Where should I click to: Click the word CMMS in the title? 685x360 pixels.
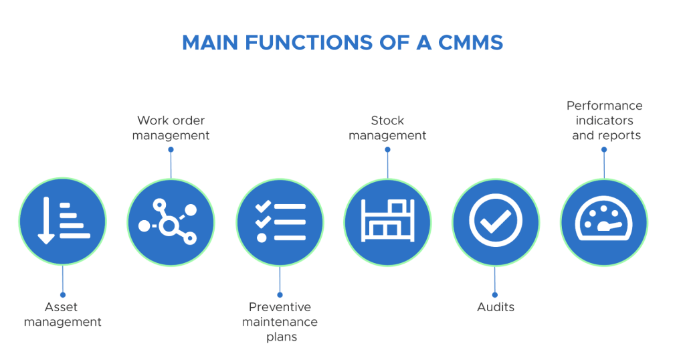coord(470,43)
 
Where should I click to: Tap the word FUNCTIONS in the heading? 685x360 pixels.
coord(308,43)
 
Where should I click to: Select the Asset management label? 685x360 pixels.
coord(62,314)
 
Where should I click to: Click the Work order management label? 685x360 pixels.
coord(171,128)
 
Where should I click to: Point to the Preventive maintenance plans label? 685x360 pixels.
coord(280,322)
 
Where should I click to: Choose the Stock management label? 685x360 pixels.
coord(387,128)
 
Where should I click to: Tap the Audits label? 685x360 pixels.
coord(496,307)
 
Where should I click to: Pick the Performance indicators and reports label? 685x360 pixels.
coord(605,120)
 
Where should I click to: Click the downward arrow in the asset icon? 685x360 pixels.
coord(46,221)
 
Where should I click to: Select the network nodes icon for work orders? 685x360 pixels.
coord(168,221)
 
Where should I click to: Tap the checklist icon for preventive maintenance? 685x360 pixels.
coord(280,221)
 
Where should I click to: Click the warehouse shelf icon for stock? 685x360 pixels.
coord(387,220)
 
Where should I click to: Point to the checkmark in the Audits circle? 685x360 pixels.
coord(496,221)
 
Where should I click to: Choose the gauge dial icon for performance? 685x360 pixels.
coord(604,218)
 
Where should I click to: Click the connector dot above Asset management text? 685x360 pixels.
coord(63,295)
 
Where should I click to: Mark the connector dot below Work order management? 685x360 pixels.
coord(171,149)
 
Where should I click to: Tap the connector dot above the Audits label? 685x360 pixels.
coord(495,295)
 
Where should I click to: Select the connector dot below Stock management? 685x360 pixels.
coord(387,149)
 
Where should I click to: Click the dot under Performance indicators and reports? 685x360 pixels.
coord(604,149)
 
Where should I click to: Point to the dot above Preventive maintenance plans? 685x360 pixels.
coord(280,295)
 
